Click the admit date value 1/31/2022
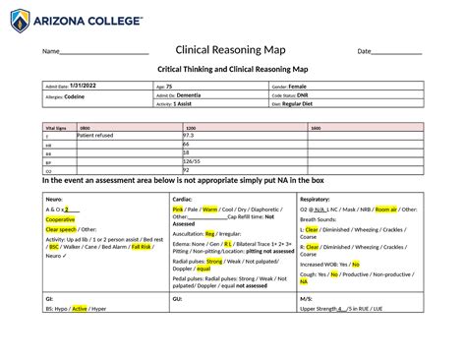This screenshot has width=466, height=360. tap(85, 88)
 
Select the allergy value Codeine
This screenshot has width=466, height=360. tap(76, 96)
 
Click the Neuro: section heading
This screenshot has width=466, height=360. tap(55, 199)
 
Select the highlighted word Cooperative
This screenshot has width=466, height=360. tap(61, 218)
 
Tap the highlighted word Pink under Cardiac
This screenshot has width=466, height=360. tap(178, 210)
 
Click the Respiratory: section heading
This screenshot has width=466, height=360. tap(319, 199)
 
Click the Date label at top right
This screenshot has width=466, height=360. tap(364, 51)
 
